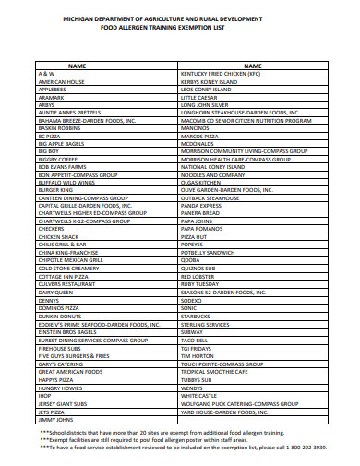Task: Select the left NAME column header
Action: (x=78, y=65)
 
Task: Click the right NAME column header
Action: (x=252, y=65)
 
